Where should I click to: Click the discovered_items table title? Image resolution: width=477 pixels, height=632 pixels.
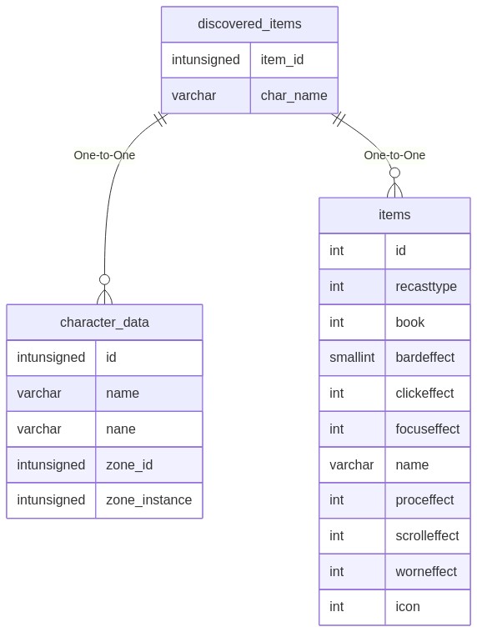249,24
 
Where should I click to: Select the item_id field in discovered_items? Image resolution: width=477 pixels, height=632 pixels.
282,60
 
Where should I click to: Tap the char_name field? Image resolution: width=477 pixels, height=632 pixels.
294,96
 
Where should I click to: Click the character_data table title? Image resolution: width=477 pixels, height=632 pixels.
104,323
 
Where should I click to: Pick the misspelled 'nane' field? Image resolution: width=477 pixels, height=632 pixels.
121,429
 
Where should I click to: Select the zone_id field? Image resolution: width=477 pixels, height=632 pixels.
129,464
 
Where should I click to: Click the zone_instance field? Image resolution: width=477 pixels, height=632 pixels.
148,499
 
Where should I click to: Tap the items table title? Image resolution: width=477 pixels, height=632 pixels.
394,215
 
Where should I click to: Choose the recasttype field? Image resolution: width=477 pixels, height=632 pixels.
426,287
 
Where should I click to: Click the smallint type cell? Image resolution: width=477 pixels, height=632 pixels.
352,357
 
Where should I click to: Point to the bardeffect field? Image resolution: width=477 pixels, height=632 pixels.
425,357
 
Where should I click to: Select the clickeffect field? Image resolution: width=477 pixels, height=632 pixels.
424,393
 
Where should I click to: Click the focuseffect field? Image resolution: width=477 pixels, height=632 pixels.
428,429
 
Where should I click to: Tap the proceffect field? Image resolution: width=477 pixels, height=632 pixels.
424,500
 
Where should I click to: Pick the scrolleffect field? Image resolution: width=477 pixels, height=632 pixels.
427,535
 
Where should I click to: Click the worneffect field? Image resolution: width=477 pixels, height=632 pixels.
426,571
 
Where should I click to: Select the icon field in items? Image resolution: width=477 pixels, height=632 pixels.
408,607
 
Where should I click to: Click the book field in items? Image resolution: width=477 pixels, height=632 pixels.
410,323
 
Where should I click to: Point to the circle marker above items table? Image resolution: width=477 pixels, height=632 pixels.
394,173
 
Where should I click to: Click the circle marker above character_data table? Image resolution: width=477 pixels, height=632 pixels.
104,279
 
